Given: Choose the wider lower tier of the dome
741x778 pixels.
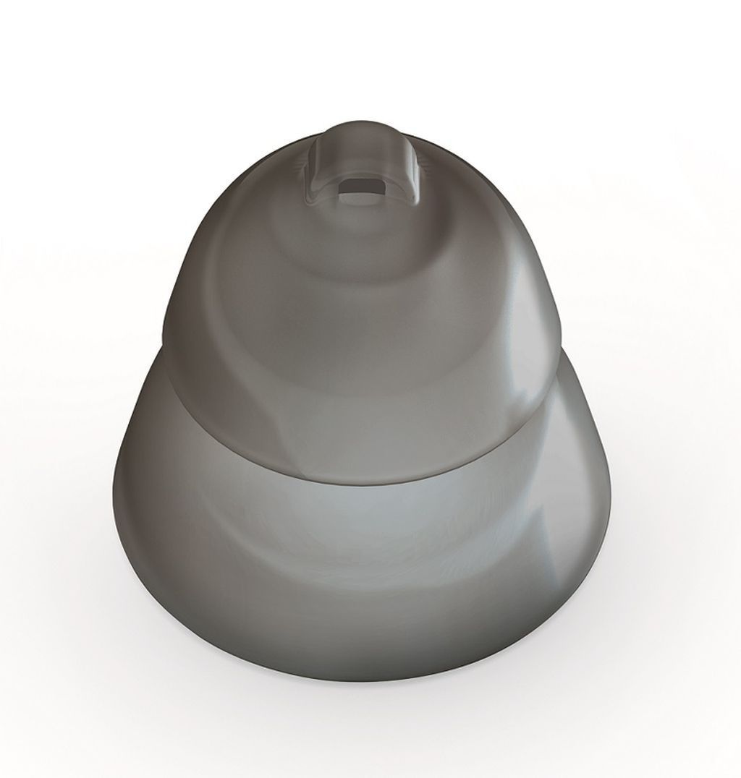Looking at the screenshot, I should point(362,578).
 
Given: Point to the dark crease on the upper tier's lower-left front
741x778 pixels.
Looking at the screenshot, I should point(217,405).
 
